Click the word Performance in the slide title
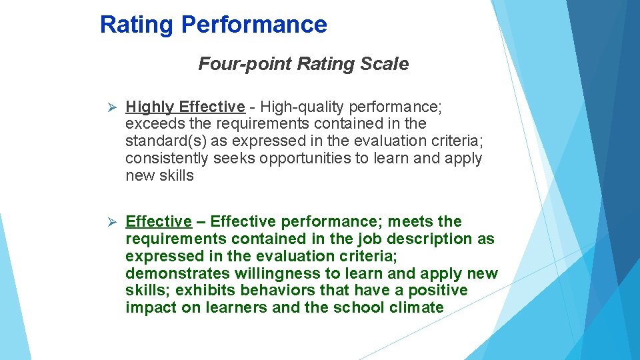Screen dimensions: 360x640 254,25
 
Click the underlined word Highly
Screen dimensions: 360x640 150,107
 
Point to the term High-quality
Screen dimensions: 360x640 299,107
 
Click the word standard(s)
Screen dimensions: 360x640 164,141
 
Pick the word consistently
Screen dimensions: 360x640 167,159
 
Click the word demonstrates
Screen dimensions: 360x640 177,273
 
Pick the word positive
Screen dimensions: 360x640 437,291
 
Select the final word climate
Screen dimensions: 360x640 417,308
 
